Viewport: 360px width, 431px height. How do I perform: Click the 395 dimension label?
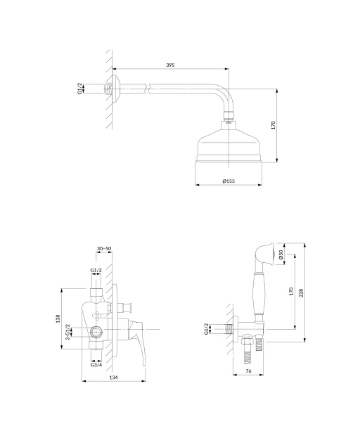(170, 65)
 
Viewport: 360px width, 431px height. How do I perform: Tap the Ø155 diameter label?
(229, 181)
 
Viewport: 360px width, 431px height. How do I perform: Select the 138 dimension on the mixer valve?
(58, 319)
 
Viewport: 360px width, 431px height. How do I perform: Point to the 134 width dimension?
(113, 378)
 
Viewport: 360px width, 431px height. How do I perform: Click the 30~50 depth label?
(104, 248)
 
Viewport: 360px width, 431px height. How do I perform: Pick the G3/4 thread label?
(96, 365)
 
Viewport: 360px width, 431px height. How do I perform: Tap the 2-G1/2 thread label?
(68, 332)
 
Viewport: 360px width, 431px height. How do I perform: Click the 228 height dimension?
(301, 292)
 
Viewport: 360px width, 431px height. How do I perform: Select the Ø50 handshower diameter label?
(281, 255)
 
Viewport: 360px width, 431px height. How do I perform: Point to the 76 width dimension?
(248, 371)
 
